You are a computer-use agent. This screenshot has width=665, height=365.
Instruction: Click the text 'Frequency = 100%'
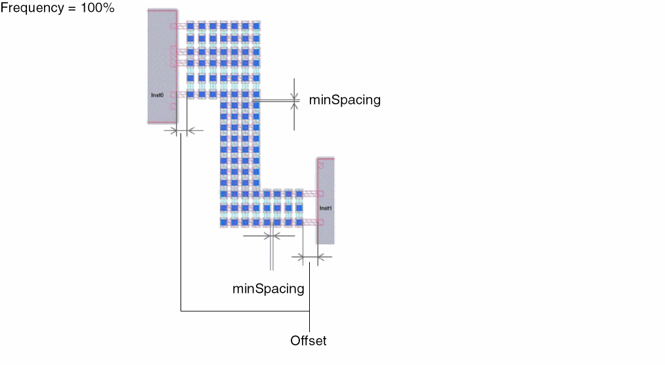click(58, 9)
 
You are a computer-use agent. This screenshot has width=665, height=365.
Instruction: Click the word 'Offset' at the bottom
click(308, 341)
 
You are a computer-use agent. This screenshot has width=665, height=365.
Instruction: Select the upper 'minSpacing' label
click(345, 100)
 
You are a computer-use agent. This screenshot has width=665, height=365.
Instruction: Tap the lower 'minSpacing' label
click(268, 288)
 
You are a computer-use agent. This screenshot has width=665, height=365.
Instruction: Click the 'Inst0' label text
click(157, 95)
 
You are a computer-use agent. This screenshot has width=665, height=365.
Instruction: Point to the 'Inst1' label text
click(326, 208)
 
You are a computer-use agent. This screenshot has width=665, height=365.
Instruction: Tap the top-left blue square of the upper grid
click(191, 26)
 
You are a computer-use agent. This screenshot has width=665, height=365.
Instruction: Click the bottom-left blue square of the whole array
click(223, 223)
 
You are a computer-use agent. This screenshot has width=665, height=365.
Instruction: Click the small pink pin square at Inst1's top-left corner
click(320, 165)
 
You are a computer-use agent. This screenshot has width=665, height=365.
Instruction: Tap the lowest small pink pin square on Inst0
click(173, 106)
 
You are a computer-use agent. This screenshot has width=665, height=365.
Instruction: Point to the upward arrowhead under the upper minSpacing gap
click(295, 108)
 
